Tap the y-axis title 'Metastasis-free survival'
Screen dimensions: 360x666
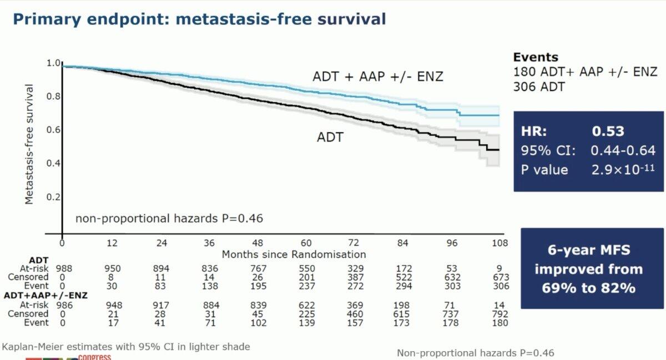(x=29, y=144)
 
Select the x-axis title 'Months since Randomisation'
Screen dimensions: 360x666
(x=294, y=255)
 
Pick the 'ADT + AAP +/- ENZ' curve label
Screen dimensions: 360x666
(x=378, y=77)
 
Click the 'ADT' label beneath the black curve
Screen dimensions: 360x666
(x=330, y=136)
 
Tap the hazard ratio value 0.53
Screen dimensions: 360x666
(x=608, y=131)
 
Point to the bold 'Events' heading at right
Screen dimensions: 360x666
(x=536, y=57)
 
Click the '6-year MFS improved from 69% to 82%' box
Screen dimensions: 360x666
(x=592, y=269)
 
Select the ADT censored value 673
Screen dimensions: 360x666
(x=500, y=277)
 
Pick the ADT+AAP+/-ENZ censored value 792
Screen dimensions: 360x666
(x=500, y=314)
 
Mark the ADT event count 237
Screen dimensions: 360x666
(x=306, y=286)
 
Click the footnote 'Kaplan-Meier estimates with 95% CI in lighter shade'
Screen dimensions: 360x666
(x=126, y=347)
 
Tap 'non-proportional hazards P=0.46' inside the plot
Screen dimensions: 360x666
(x=169, y=218)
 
